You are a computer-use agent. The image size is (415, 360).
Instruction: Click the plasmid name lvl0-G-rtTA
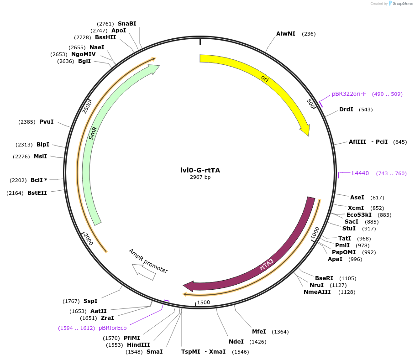200,170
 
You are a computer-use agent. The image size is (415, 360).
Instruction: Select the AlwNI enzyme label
286,34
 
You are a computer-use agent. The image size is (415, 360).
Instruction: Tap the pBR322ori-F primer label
349,94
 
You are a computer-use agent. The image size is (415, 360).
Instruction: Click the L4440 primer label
360,173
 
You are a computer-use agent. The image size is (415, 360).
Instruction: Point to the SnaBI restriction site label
127,24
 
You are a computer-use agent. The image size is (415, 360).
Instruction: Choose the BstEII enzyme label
37,193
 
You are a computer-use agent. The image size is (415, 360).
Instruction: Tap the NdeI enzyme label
236,342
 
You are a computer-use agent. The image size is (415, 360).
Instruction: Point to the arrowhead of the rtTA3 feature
188,286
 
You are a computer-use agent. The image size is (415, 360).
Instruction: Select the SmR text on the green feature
93,133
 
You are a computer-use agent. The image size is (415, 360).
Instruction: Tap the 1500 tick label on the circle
203,302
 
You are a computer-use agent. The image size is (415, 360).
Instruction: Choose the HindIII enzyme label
138,345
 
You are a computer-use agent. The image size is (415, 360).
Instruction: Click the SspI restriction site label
90,301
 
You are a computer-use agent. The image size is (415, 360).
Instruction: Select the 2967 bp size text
200,177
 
